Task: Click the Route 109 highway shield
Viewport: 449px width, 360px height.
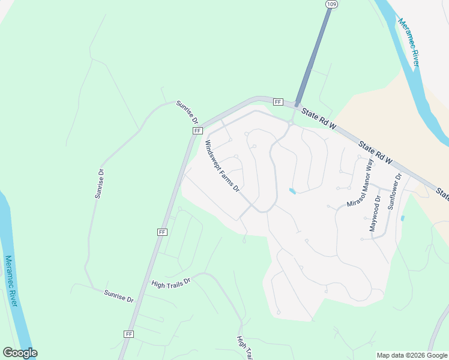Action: coord(331,4)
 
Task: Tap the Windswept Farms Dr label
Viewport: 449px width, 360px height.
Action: coord(222,166)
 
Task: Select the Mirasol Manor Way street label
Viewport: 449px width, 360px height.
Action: coord(360,188)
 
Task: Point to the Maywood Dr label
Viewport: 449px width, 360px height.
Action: coord(375,213)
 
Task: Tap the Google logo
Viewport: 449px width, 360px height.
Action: coord(20,353)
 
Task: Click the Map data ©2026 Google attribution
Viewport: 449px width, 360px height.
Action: coord(412,355)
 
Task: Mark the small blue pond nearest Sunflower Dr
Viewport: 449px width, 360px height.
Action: coord(402,218)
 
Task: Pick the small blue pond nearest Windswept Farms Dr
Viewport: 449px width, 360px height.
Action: coord(292,191)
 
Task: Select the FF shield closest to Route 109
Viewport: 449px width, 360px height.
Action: coord(277,102)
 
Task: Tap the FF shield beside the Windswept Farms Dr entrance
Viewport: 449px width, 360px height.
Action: coord(197,130)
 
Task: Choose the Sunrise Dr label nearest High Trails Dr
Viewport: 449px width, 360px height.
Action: coord(118,296)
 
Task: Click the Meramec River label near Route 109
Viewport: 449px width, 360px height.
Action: coord(408,41)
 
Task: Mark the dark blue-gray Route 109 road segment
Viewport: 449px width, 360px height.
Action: coord(313,57)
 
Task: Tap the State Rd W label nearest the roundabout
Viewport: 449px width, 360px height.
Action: coord(321,120)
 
